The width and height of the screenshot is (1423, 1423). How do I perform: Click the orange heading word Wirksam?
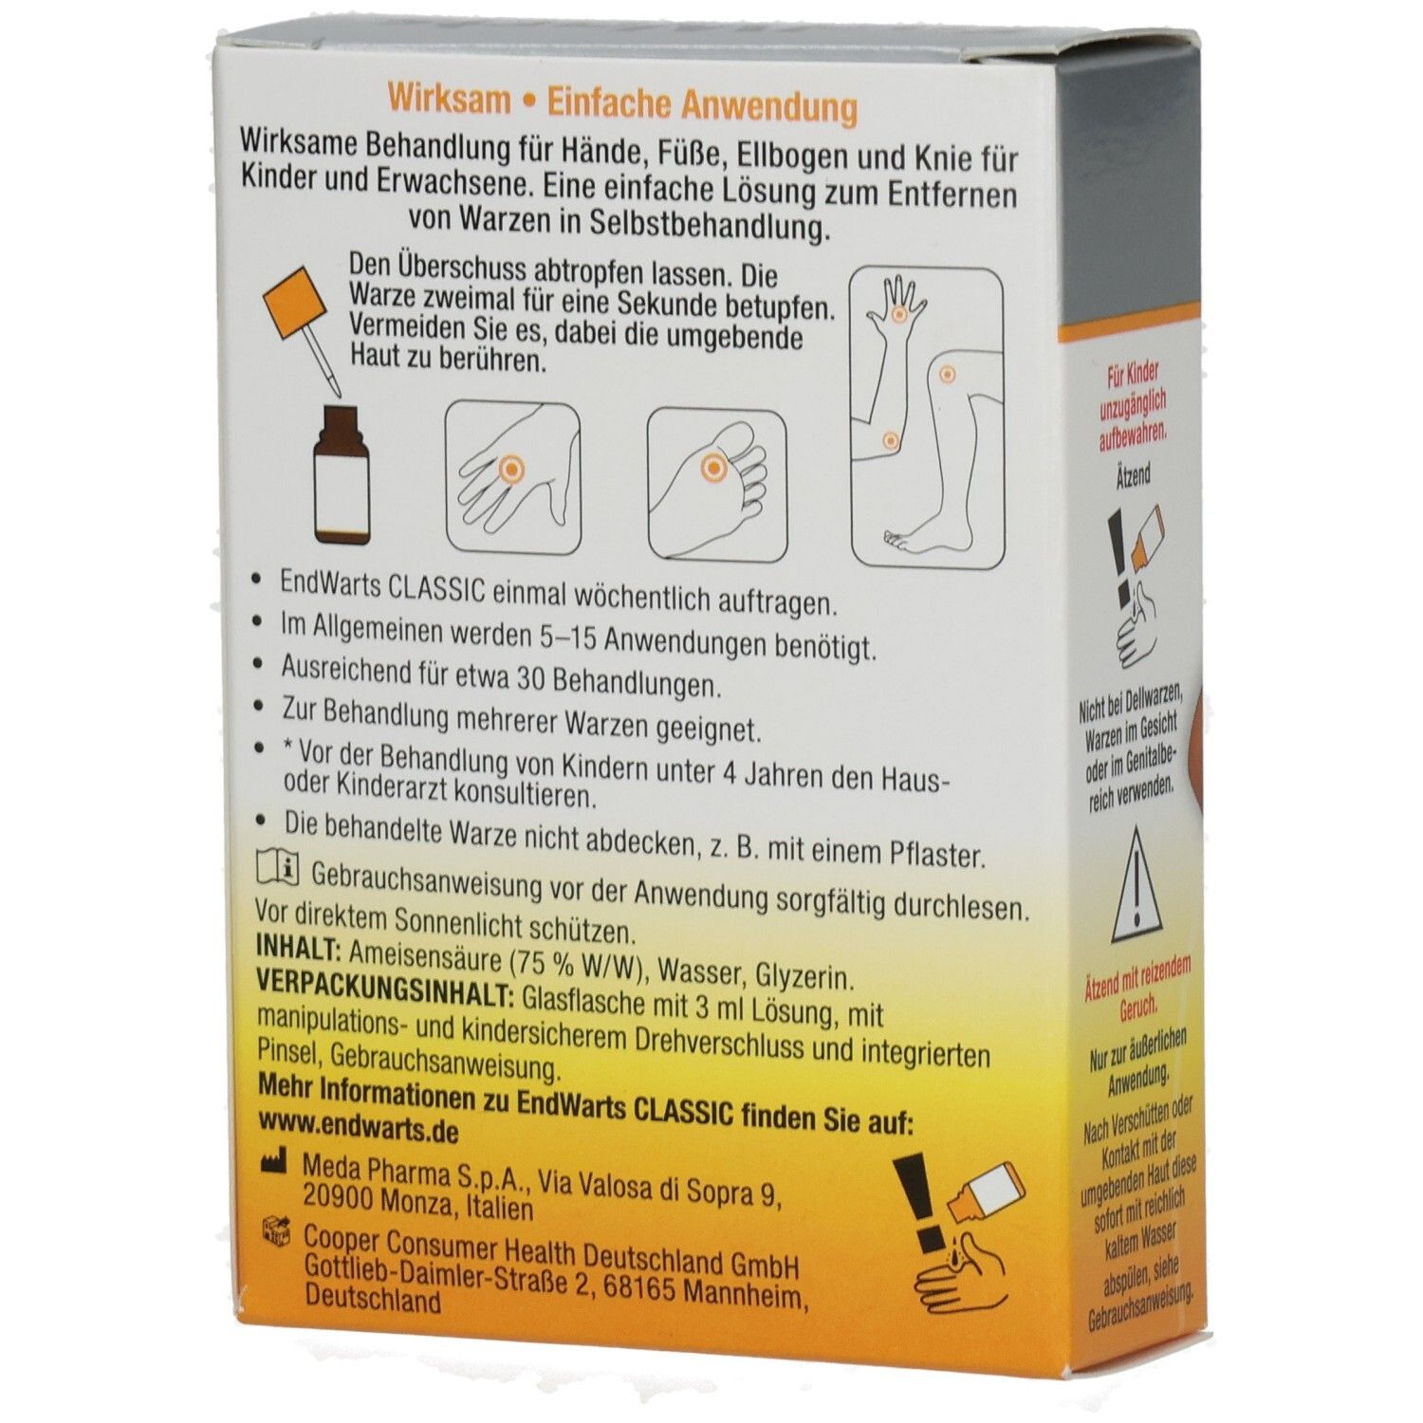pos(450,101)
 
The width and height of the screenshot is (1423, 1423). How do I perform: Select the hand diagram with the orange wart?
pos(513,478)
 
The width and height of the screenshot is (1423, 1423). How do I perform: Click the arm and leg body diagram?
pos(927,418)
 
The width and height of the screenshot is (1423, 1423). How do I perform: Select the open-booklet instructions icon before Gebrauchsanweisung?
pos(278,868)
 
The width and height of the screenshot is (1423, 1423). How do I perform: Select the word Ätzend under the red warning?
pos(1134,474)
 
